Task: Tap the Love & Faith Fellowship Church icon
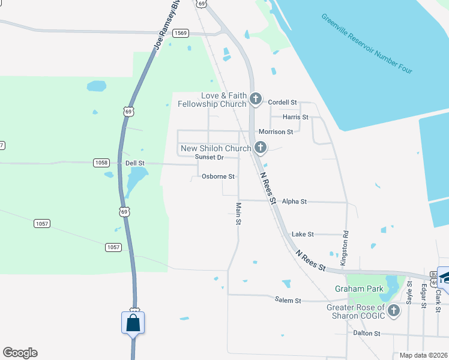pyautogui.click(x=256, y=98)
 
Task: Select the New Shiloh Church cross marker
pyautogui.click(x=261, y=147)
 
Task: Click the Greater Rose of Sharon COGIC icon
pyautogui.click(x=393, y=310)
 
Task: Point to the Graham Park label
pyautogui.click(x=358, y=289)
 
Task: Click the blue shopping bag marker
pyautogui.click(x=133, y=323)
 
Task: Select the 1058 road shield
pyautogui.click(x=101, y=163)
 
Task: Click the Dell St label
pyautogui.click(x=134, y=163)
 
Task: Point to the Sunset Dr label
pyautogui.click(x=209, y=157)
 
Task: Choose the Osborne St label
pyautogui.click(x=218, y=176)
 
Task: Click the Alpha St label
pyautogui.click(x=294, y=202)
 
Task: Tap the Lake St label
pyautogui.click(x=303, y=234)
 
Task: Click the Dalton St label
pyautogui.click(x=367, y=333)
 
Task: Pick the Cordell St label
pyautogui.click(x=282, y=102)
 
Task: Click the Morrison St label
pyautogui.click(x=276, y=131)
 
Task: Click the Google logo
pyautogui.click(x=20, y=353)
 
